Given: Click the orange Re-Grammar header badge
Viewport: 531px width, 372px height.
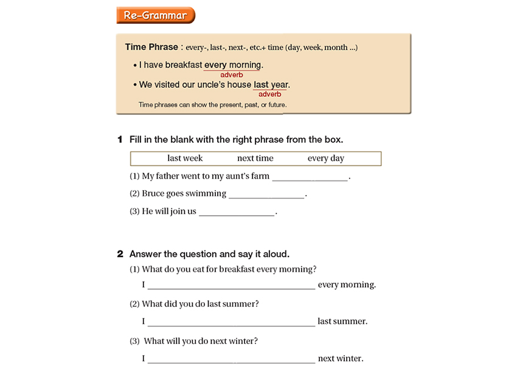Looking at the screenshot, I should tap(155, 15).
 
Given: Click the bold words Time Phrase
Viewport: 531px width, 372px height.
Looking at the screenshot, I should tap(151, 47).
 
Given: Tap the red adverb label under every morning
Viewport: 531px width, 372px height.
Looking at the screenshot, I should tap(232, 75).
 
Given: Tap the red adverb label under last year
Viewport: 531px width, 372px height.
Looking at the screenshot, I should tap(269, 94).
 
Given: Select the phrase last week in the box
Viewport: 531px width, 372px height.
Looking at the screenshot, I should tap(185, 158).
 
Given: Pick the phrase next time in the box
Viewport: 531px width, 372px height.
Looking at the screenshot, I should tap(255, 158).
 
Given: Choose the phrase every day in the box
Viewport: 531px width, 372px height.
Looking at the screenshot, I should tap(325, 158).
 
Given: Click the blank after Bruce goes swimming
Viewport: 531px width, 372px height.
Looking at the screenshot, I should tap(266, 195).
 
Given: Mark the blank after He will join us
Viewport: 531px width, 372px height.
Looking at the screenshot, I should tap(237, 212).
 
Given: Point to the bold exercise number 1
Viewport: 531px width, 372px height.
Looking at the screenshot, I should tap(120, 140).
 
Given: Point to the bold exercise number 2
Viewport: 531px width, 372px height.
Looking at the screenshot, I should tap(120, 254).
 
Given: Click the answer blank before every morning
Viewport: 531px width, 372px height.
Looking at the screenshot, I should tap(231, 285).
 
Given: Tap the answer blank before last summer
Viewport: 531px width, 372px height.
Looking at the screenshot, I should tap(231, 322).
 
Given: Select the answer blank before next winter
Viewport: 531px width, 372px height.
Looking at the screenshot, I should tap(231, 359).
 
